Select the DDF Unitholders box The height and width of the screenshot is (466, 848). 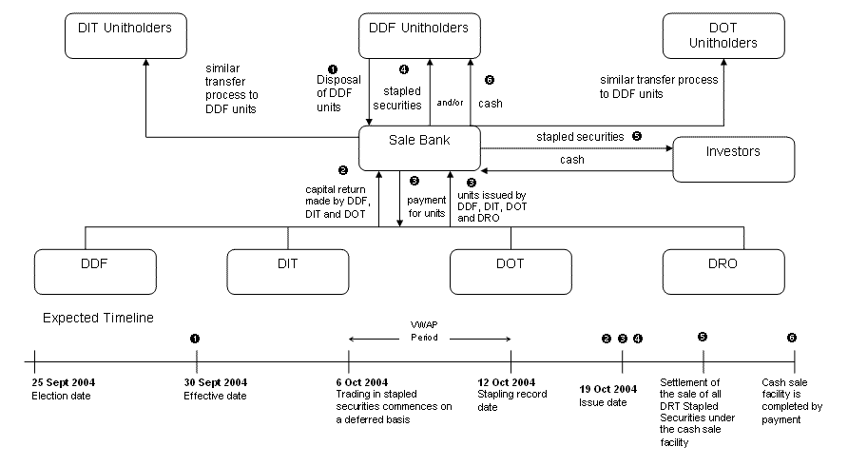pyautogui.click(x=418, y=37)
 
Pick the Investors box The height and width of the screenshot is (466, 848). pyautogui.click(x=733, y=159)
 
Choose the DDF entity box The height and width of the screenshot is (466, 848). pyautogui.click(x=87, y=271)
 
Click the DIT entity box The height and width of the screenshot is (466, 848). pyautogui.click(x=288, y=271)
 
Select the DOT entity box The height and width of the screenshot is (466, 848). pyautogui.click(x=510, y=271)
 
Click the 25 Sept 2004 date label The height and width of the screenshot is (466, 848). pyautogui.click(x=63, y=382)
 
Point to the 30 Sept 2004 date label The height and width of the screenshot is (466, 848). pyautogui.click(x=215, y=382)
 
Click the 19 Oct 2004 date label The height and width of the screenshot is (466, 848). pyautogui.click(x=608, y=389)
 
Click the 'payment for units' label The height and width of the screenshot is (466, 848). pyautogui.click(x=426, y=206)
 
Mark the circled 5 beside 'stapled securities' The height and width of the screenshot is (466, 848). pyautogui.click(x=637, y=136)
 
